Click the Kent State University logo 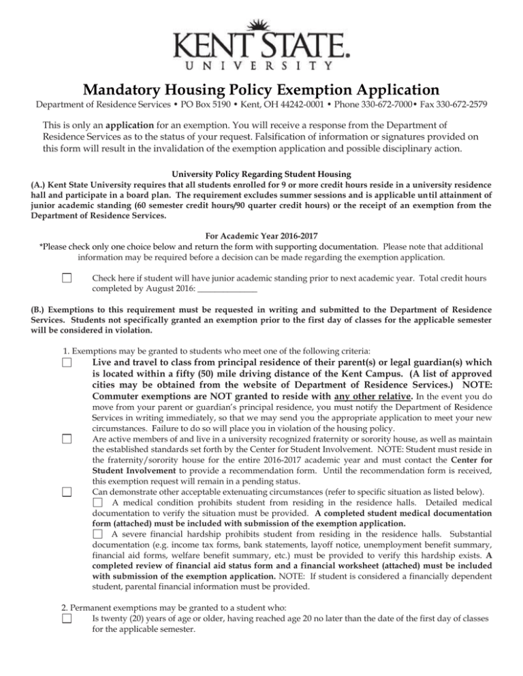261,47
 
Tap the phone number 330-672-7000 371,107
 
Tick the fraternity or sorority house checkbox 67,439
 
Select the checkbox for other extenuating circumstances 67,492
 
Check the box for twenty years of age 67,618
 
